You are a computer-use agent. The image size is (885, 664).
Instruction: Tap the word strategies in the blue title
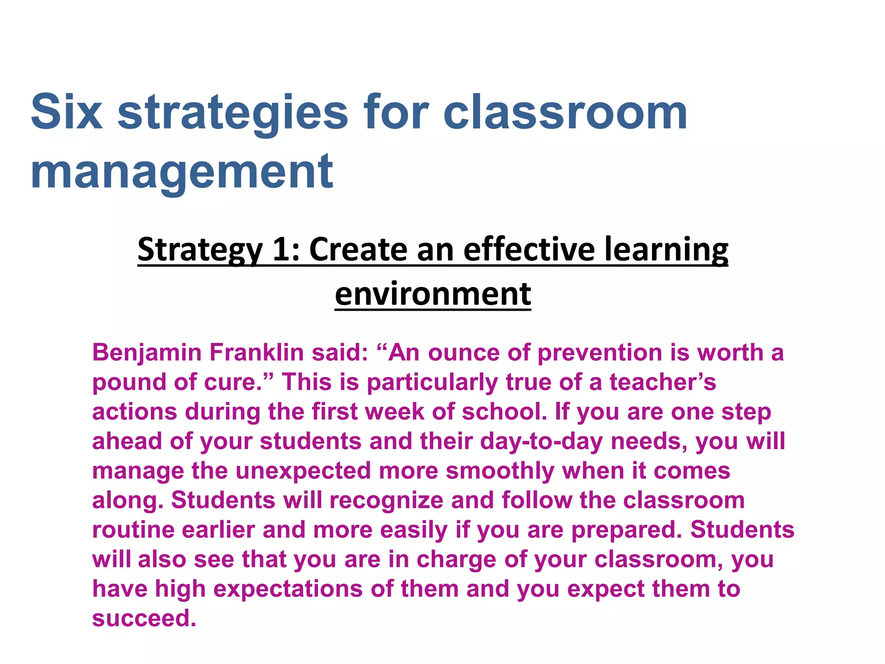[x=232, y=113]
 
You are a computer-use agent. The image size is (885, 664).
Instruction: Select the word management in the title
[x=182, y=172]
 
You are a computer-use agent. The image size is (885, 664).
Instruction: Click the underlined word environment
[x=433, y=294]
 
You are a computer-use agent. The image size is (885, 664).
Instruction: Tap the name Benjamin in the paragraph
[x=147, y=353]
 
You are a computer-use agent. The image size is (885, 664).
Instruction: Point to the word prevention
[x=600, y=353]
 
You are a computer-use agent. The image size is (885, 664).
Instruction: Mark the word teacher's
[x=662, y=382]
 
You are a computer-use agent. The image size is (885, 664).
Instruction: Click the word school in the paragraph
[x=504, y=412]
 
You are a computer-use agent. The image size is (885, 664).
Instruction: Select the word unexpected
[x=303, y=471]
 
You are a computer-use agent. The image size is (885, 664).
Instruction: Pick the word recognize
[x=386, y=501]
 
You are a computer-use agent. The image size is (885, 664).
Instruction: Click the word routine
[x=133, y=530]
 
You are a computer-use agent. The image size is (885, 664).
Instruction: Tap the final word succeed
[x=144, y=619]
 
